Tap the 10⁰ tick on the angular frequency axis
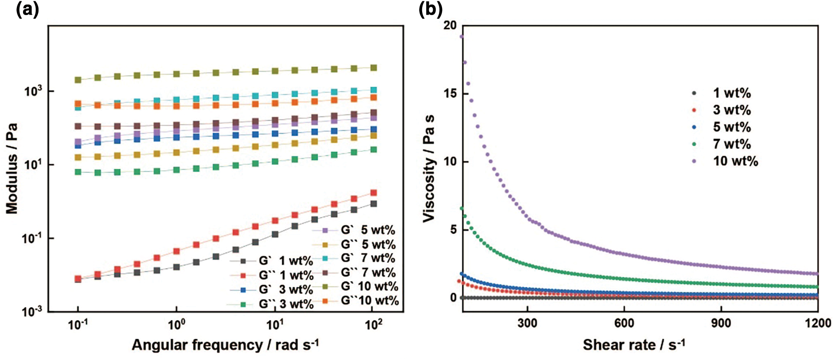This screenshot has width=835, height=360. (x=176, y=325)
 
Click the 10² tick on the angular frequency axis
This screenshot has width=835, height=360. (x=373, y=325)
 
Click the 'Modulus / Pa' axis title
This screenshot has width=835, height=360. (x=12, y=168)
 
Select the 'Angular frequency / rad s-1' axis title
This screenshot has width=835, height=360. (x=225, y=345)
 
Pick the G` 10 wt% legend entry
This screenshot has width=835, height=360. (x=369, y=286)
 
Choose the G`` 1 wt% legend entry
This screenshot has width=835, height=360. (x=286, y=275)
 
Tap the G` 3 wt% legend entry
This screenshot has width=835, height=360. (x=286, y=290)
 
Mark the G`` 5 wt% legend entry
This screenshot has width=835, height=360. (x=368, y=244)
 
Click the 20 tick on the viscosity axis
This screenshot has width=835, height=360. (x=450, y=26)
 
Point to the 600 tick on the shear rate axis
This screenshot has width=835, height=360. (x=624, y=323)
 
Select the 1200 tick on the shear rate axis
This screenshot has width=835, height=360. (x=818, y=323)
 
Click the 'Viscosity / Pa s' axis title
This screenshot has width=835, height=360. (x=429, y=168)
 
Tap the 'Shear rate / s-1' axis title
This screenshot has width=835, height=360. (x=634, y=345)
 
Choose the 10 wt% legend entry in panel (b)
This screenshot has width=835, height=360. (x=735, y=161)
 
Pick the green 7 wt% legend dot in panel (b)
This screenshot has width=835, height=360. (x=694, y=144)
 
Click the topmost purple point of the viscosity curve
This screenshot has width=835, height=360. (x=462, y=37)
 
